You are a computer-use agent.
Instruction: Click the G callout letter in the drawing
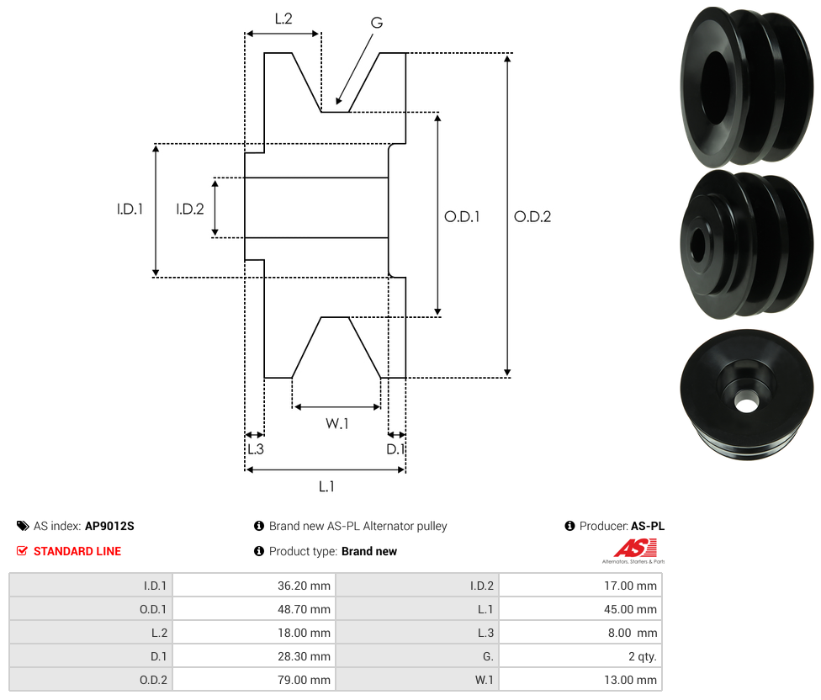[377, 23]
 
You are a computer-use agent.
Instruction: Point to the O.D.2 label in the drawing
[532, 217]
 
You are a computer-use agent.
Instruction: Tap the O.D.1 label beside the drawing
[462, 217]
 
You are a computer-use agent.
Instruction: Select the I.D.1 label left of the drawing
[130, 209]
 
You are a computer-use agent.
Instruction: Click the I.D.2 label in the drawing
[189, 209]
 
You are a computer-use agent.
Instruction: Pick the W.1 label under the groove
[336, 423]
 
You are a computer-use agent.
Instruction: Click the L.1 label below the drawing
[326, 487]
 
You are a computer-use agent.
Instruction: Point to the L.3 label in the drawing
[256, 449]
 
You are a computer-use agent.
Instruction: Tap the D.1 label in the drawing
[395, 449]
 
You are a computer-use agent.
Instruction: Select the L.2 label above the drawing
[283, 19]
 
